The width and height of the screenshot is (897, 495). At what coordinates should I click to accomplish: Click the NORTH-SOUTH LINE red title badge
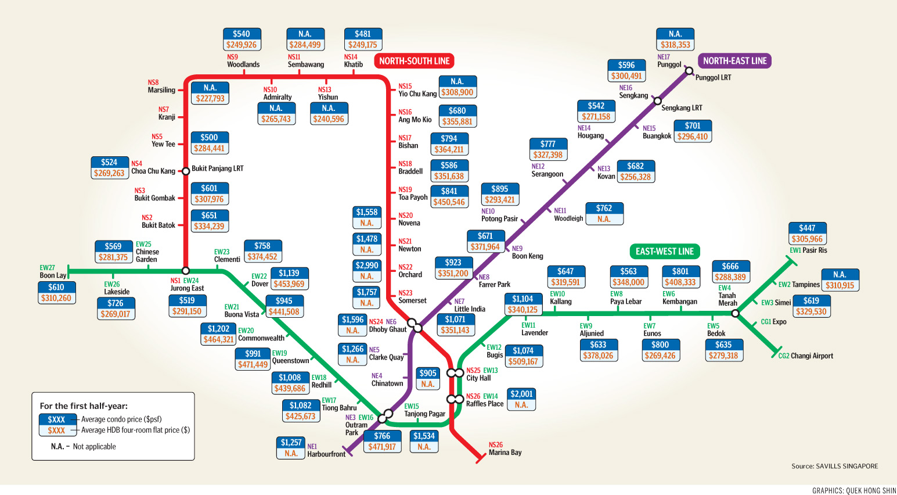(414, 61)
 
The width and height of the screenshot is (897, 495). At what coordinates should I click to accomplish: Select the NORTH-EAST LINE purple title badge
(734, 61)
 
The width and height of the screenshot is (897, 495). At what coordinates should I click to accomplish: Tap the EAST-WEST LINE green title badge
(664, 252)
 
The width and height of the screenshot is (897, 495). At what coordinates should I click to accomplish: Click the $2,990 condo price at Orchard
(367, 266)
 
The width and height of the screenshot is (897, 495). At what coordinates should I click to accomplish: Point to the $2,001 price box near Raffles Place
(521, 394)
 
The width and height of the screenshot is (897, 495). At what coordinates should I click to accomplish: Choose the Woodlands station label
(243, 64)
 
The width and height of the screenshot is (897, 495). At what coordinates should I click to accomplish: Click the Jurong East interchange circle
(185, 271)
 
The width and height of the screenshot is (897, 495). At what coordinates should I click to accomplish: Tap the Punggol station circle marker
(689, 71)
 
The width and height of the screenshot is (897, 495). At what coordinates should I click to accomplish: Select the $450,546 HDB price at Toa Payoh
(449, 202)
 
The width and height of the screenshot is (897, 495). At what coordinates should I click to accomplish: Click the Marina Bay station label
(505, 453)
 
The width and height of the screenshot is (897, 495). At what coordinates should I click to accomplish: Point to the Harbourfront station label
(326, 454)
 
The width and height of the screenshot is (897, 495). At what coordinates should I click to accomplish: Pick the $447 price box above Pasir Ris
(807, 228)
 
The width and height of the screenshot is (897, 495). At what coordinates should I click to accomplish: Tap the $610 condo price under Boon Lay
(56, 288)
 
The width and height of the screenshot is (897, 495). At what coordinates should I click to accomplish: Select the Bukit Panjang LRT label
(217, 168)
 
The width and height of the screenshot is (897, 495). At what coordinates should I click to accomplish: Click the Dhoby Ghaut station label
(388, 329)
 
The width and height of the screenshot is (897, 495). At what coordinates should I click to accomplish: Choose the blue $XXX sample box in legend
(56, 419)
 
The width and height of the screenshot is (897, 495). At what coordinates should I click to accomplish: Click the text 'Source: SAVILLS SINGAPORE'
(834, 466)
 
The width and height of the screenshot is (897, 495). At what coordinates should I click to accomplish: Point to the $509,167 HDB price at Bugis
(523, 361)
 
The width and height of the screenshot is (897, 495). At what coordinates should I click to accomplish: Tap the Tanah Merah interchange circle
(735, 313)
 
